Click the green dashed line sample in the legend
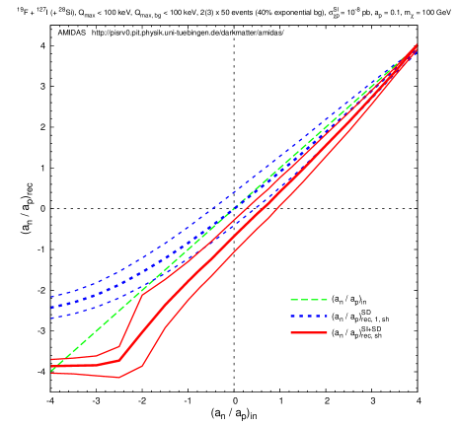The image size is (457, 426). [x=308, y=300]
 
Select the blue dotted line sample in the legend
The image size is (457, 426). [x=308, y=317]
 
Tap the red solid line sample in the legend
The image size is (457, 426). [x=308, y=333]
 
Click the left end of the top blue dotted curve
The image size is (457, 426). [x=51, y=296]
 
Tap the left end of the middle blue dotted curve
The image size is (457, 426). [x=51, y=307]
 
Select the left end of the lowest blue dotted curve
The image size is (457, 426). [x=51, y=318]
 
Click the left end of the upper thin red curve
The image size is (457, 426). [x=51, y=359]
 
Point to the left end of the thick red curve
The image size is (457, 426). [x=51, y=367]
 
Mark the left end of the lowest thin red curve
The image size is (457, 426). [x=51, y=373]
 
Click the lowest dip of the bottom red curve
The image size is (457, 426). [x=119, y=378]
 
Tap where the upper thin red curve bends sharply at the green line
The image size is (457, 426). [x=143, y=293]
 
